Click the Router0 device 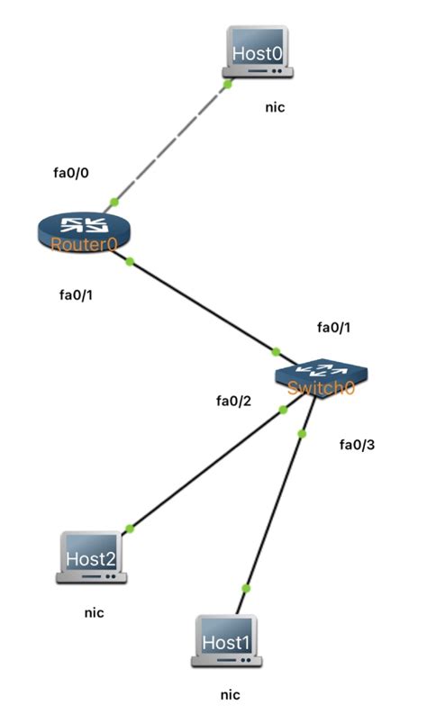tap(83, 231)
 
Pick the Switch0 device tap(320, 376)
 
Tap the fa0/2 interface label tap(232, 400)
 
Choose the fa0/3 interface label tap(356, 444)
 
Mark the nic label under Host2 tap(94, 612)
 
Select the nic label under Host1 tap(231, 694)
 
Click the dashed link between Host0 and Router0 tap(171, 142)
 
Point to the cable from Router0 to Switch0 tap(203, 306)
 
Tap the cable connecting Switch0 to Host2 tap(207, 468)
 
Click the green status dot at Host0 tap(229, 84)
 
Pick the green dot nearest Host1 tap(246, 588)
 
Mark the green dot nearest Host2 tap(130, 528)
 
